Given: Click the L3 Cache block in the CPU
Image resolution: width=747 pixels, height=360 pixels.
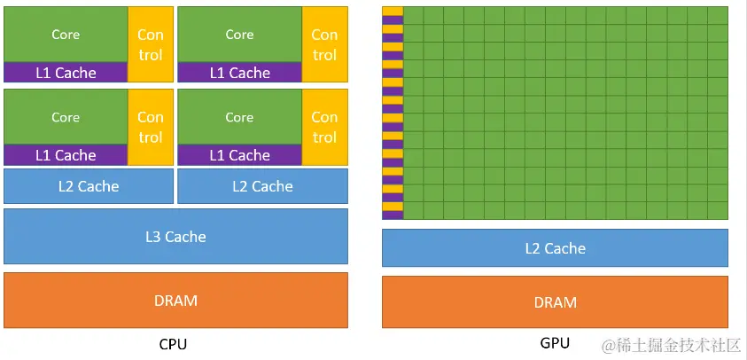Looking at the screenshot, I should (x=175, y=237).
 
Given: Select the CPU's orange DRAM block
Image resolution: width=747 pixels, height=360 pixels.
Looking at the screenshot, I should (x=175, y=301).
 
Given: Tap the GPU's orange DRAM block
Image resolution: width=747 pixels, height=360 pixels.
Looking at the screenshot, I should (x=555, y=302).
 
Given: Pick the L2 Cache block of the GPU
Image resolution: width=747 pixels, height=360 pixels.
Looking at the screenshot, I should (x=555, y=248).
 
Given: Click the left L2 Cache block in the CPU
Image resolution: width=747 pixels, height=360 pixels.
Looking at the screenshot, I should (x=88, y=186).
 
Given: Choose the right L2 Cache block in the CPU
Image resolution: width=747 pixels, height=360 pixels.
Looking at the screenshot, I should (x=262, y=186).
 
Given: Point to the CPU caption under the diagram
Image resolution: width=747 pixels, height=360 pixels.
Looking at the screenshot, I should (x=173, y=344).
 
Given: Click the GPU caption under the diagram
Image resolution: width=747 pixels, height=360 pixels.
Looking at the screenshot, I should (x=555, y=343).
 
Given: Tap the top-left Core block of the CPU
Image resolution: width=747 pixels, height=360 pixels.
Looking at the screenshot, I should (x=66, y=35).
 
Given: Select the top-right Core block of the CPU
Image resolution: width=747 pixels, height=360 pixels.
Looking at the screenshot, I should (x=239, y=35).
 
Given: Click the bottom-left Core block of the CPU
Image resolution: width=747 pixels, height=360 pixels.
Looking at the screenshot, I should (x=66, y=117).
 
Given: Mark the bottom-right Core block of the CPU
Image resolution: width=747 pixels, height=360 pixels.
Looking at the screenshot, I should (x=239, y=117).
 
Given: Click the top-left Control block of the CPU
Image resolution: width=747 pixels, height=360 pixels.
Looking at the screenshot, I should (x=150, y=44).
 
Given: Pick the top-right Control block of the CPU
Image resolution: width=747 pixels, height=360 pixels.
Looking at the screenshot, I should (x=324, y=44).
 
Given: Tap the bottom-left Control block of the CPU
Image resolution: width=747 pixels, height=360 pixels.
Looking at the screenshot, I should (x=150, y=127).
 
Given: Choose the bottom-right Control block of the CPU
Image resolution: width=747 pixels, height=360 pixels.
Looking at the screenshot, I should (x=324, y=127).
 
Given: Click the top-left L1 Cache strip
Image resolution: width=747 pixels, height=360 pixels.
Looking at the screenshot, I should (x=66, y=73).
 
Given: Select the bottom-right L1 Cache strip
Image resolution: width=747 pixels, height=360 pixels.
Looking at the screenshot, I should (x=239, y=155).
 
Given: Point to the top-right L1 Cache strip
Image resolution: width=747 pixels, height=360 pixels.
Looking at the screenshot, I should (x=239, y=73).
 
